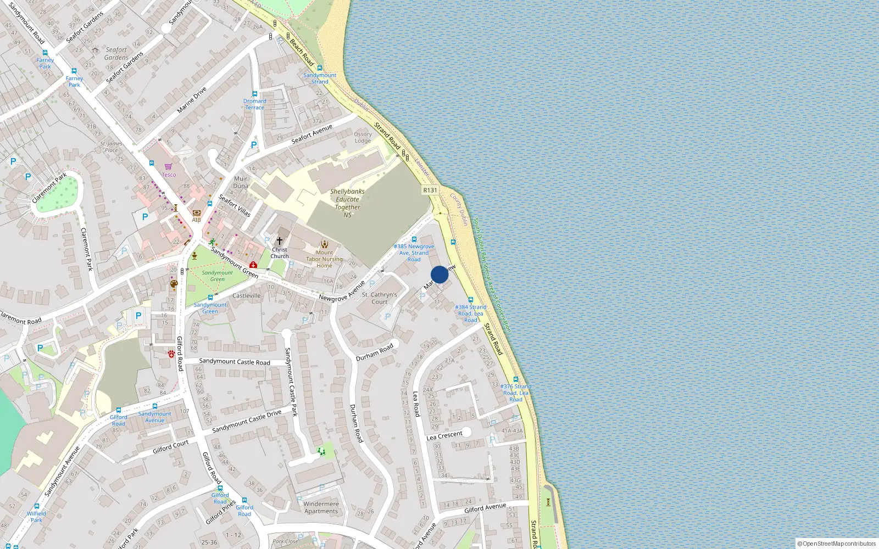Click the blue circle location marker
pyautogui.click(x=439, y=274)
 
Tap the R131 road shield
pyautogui.click(x=430, y=190)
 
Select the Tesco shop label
pyautogui.click(x=169, y=175)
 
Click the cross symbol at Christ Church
pyautogui.click(x=280, y=241)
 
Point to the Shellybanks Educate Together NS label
pyautogui.click(x=347, y=203)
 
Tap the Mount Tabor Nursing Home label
pyautogui.click(x=324, y=259)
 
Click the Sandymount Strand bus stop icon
pyautogui.click(x=320, y=68)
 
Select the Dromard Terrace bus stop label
pyautogui.click(x=255, y=104)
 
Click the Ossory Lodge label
pyautogui.click(x=363, y=137)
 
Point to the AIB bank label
pyautogui.click(x=196, y=220)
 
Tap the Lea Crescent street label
pyautogui.click(x=444, y=435)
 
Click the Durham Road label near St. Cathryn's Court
pyautogui.click(x=375, y=352)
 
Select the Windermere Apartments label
pyautogui.click(x=321, y=507)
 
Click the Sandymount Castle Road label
pyautogui.click(x=235, y=362)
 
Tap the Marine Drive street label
pyautogui.click(x=192, y=100)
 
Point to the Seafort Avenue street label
pyautogui.click(x=312, y=134)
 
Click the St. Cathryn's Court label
pyautogui.click(x=380, y=298)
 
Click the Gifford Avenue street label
pyautogui.click(x=485, y=508)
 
